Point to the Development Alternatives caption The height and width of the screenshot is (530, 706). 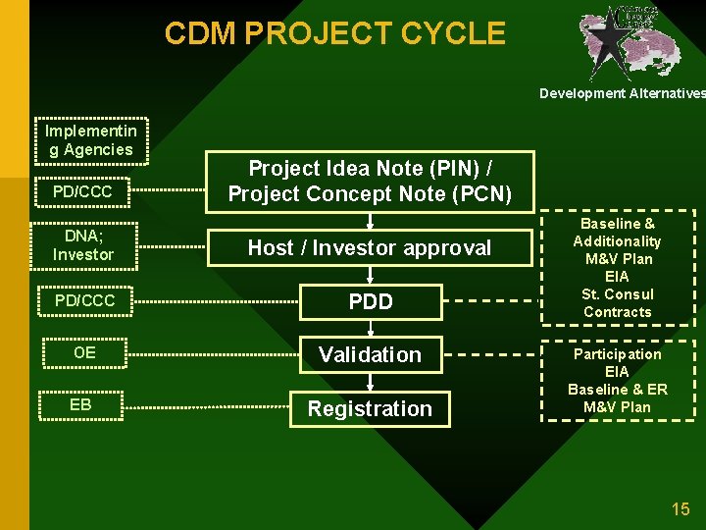click(622, 93)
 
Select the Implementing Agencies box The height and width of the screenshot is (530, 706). click(91, 140)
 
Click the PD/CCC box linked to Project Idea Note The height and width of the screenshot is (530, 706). click(82, 191)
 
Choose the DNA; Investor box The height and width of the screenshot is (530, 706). click(82, 245)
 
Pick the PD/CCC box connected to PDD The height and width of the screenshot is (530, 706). click(84, 300)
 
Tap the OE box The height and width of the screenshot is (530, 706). click(84, 352)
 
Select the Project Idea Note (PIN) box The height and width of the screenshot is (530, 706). click(370, 181)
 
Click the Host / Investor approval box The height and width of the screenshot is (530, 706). click(370, 247)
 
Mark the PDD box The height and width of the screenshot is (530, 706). click(370, 301)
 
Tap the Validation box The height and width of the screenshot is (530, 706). click(370, 354)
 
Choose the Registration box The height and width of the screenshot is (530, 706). click(370, 408)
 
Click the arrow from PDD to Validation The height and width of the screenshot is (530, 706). click(371, 327)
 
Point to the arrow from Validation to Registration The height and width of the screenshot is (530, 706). click(371, 381)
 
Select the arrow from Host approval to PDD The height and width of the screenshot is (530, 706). click(371, 274)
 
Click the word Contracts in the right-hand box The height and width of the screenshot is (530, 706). click(617, 312)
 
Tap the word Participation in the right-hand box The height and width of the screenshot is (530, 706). click(617, 354)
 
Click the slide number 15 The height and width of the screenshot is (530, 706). click(681, 508)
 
